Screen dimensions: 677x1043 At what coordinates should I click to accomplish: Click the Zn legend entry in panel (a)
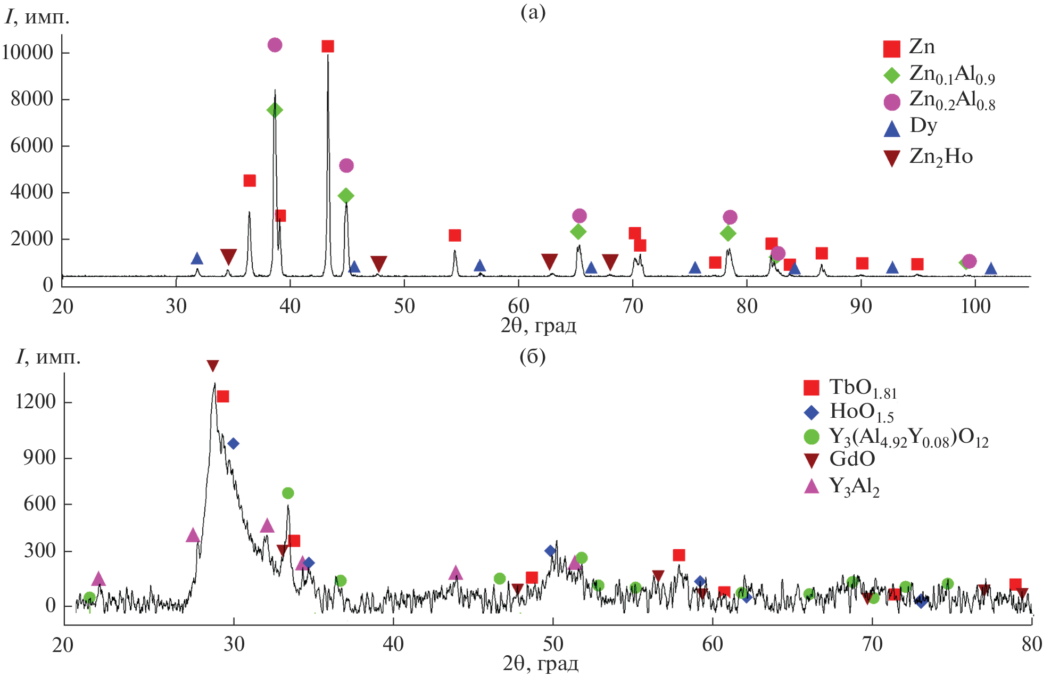[x=922, y=47]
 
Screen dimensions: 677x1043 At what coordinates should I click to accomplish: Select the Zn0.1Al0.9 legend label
[x=951, y=75]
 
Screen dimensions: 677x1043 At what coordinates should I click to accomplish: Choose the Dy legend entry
[x=923, y=126]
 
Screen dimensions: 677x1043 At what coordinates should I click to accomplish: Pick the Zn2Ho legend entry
[x=940, y=157]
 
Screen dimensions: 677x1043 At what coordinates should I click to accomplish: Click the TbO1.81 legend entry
[x=863, y=389]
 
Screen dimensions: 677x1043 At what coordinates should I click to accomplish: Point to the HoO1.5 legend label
[x=861, y=412]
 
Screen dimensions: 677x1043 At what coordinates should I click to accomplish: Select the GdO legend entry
[x=852, y=459]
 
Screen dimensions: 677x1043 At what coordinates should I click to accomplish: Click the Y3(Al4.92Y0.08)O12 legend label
[x=908, y=437]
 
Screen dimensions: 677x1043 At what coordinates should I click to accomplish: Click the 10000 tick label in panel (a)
[x=28, y=53]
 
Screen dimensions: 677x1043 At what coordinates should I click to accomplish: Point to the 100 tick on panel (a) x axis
[x=975, y=307]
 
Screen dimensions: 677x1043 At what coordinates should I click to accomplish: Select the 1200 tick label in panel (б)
[x=36, y=402]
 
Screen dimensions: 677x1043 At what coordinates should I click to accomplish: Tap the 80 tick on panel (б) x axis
[x=1031, y=645]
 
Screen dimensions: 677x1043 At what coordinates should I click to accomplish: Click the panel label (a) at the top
[x=533, y=13]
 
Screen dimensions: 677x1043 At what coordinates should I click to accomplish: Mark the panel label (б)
[x=532, y=357]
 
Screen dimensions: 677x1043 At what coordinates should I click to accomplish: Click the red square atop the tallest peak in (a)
[x=328, y=46]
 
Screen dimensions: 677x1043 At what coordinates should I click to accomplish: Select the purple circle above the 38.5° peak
[x=275, y=45]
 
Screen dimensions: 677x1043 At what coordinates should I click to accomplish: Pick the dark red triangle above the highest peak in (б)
[x=213, y=366]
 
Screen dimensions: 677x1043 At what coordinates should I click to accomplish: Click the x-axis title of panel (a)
[x=538, y=325]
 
